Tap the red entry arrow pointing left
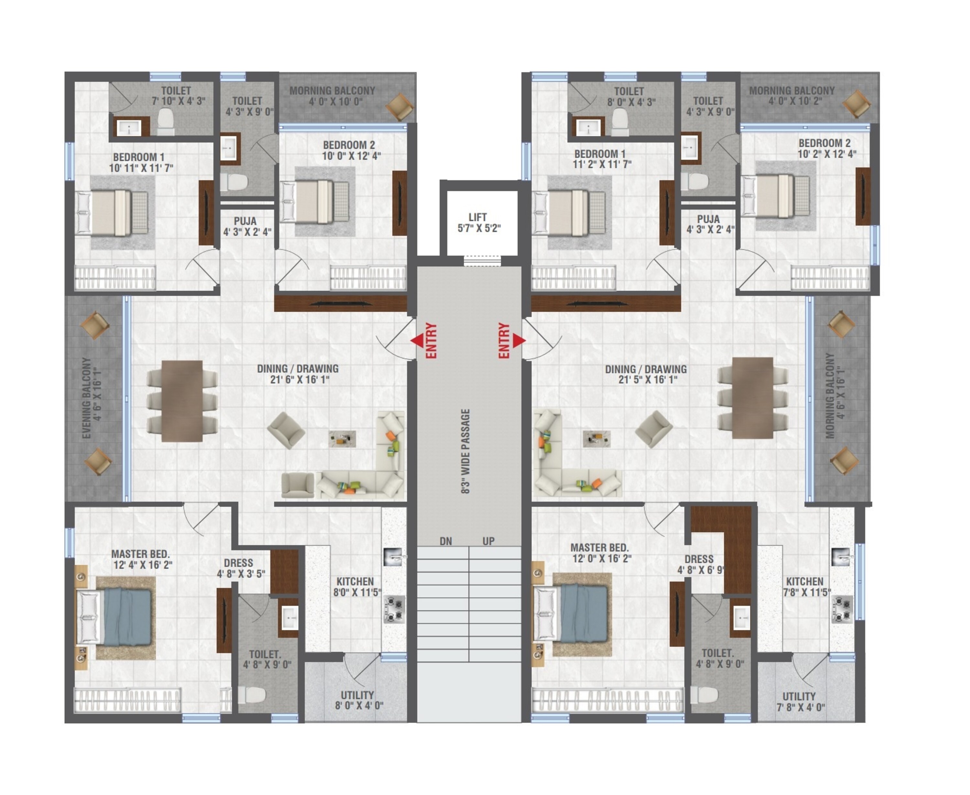pos(416,340)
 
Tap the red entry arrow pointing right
pos(519,340)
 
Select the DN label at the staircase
pos(446,541)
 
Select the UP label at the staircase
pos(489,541)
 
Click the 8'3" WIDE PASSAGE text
pos(466,452)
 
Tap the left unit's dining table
pos(182,401)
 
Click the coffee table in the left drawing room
pos(342,439)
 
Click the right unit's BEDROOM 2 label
pos(824,143)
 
